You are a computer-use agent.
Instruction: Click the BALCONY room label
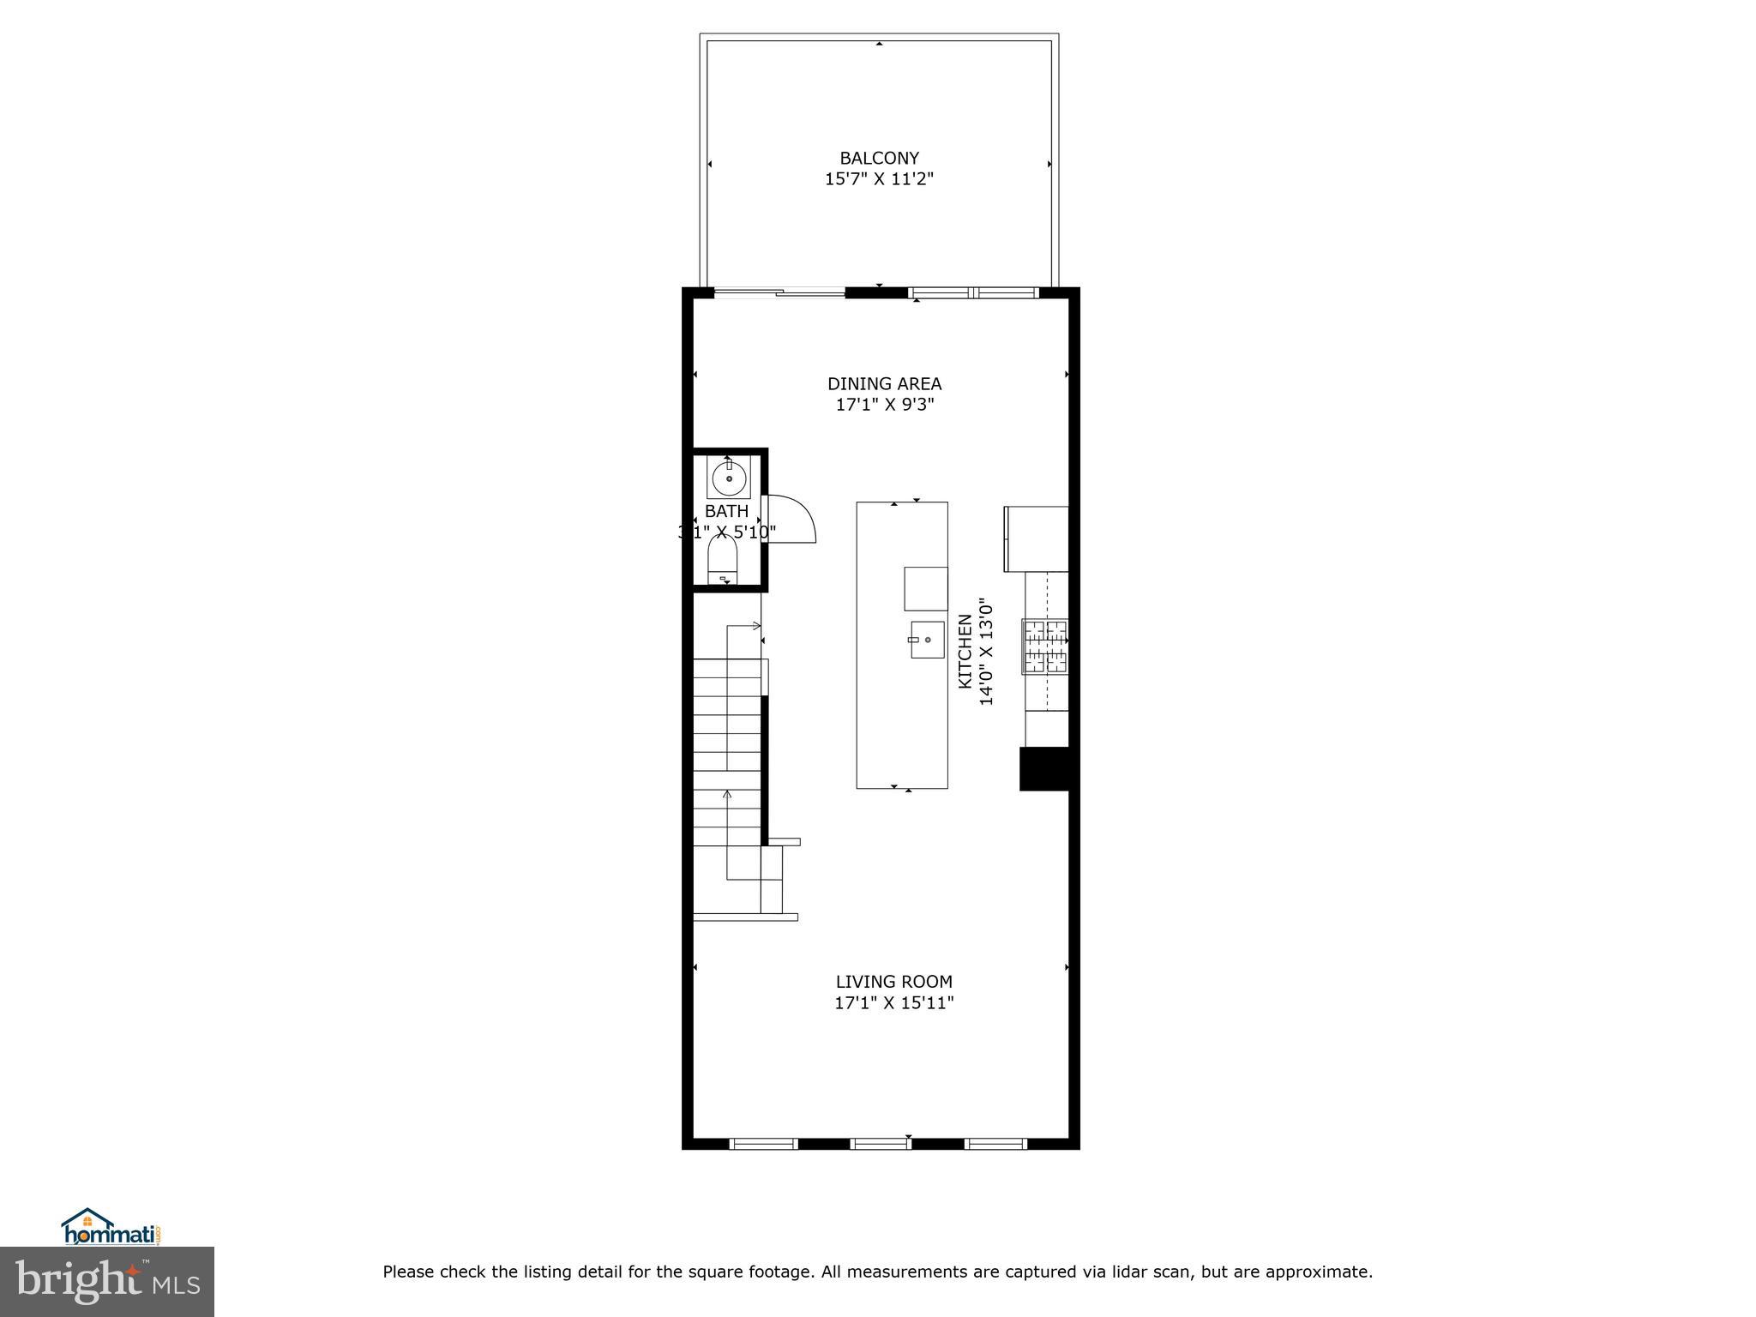click(x=879, y=158)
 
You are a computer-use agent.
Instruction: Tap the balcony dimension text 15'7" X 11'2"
click(x=879, y=179)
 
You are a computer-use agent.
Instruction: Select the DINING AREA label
click(x=884, y=383)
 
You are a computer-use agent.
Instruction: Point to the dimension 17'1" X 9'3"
click(x=884, y=405)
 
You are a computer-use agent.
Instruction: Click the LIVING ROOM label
click(x=893, y=982)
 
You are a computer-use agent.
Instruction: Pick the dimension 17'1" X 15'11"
click(x=893, y=1003)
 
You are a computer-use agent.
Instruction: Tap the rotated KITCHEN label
click(x=965, y=651)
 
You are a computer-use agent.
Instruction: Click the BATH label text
click(x=726, y=511)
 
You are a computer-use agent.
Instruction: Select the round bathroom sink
click(x=729, y=478)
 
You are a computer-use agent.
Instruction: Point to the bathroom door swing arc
click(x=793, y=519)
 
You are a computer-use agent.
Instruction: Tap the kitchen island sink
click(x=927, y=640)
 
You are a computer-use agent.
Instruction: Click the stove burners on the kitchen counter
click(x=1045, y=646)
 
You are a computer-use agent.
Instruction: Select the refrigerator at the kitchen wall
click(x=1037, y=538)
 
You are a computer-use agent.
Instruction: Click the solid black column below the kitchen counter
click(x=1043, y=768)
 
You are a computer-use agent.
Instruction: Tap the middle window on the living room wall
click(x=881, y=1143)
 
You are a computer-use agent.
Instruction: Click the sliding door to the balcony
click(x=779, y=293)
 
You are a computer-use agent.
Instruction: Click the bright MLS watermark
click(x=107, y=1282)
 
